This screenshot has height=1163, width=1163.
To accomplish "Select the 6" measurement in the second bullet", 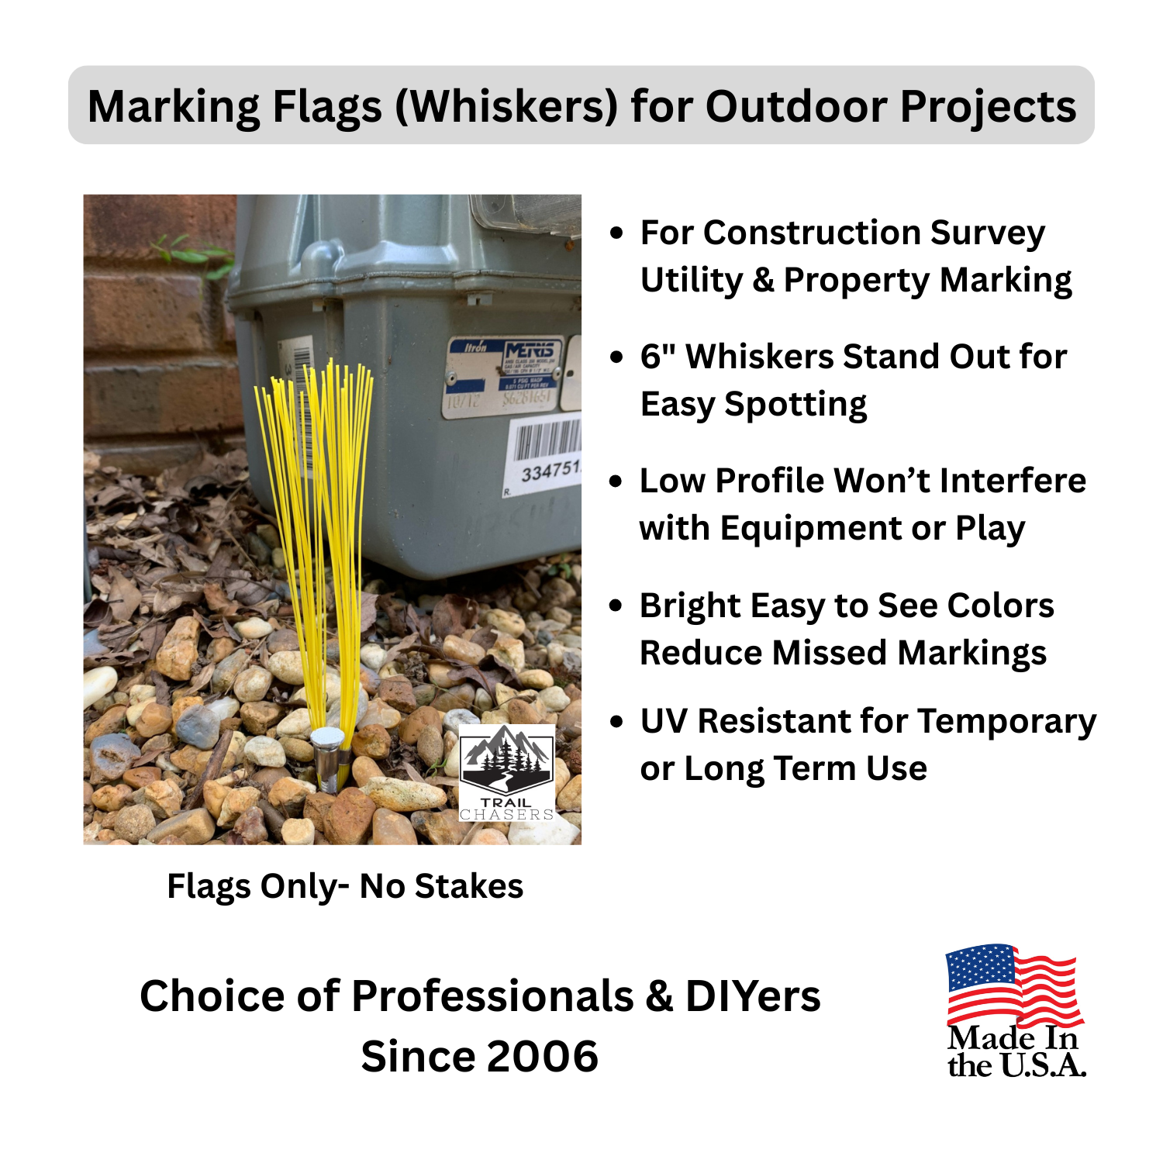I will [x=658, y=357].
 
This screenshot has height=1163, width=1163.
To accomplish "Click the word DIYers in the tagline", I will [x=752, y=996].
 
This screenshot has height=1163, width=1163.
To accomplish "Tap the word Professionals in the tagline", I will [x=492, y=996].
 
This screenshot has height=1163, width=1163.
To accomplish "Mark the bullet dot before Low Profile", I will [x=616, y=481].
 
